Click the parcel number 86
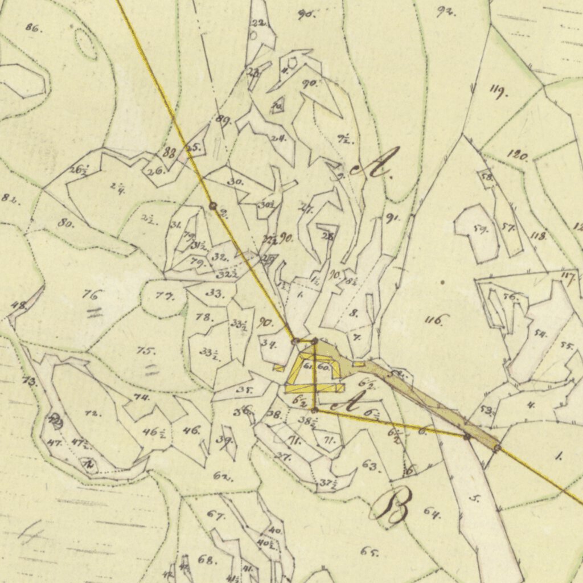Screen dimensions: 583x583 point(34,27)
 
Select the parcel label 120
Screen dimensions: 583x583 point(518,155)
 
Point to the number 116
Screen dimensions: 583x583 point(437,320)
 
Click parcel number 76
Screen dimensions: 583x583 point(92,295)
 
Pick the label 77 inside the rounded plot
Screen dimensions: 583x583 point(164,297)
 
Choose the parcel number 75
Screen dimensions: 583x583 point(146,351)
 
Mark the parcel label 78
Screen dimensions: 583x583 point(204,317)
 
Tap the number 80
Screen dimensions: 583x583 point(65,223)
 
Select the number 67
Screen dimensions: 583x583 point(215,516)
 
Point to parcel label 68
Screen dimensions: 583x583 point(207,559)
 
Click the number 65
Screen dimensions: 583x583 point(369,551)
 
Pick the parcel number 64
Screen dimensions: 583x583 point(432,512)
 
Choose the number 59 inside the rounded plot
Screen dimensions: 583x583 point(481,230)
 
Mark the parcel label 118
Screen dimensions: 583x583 point(538,236)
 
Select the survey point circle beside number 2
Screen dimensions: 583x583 point(213,206)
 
